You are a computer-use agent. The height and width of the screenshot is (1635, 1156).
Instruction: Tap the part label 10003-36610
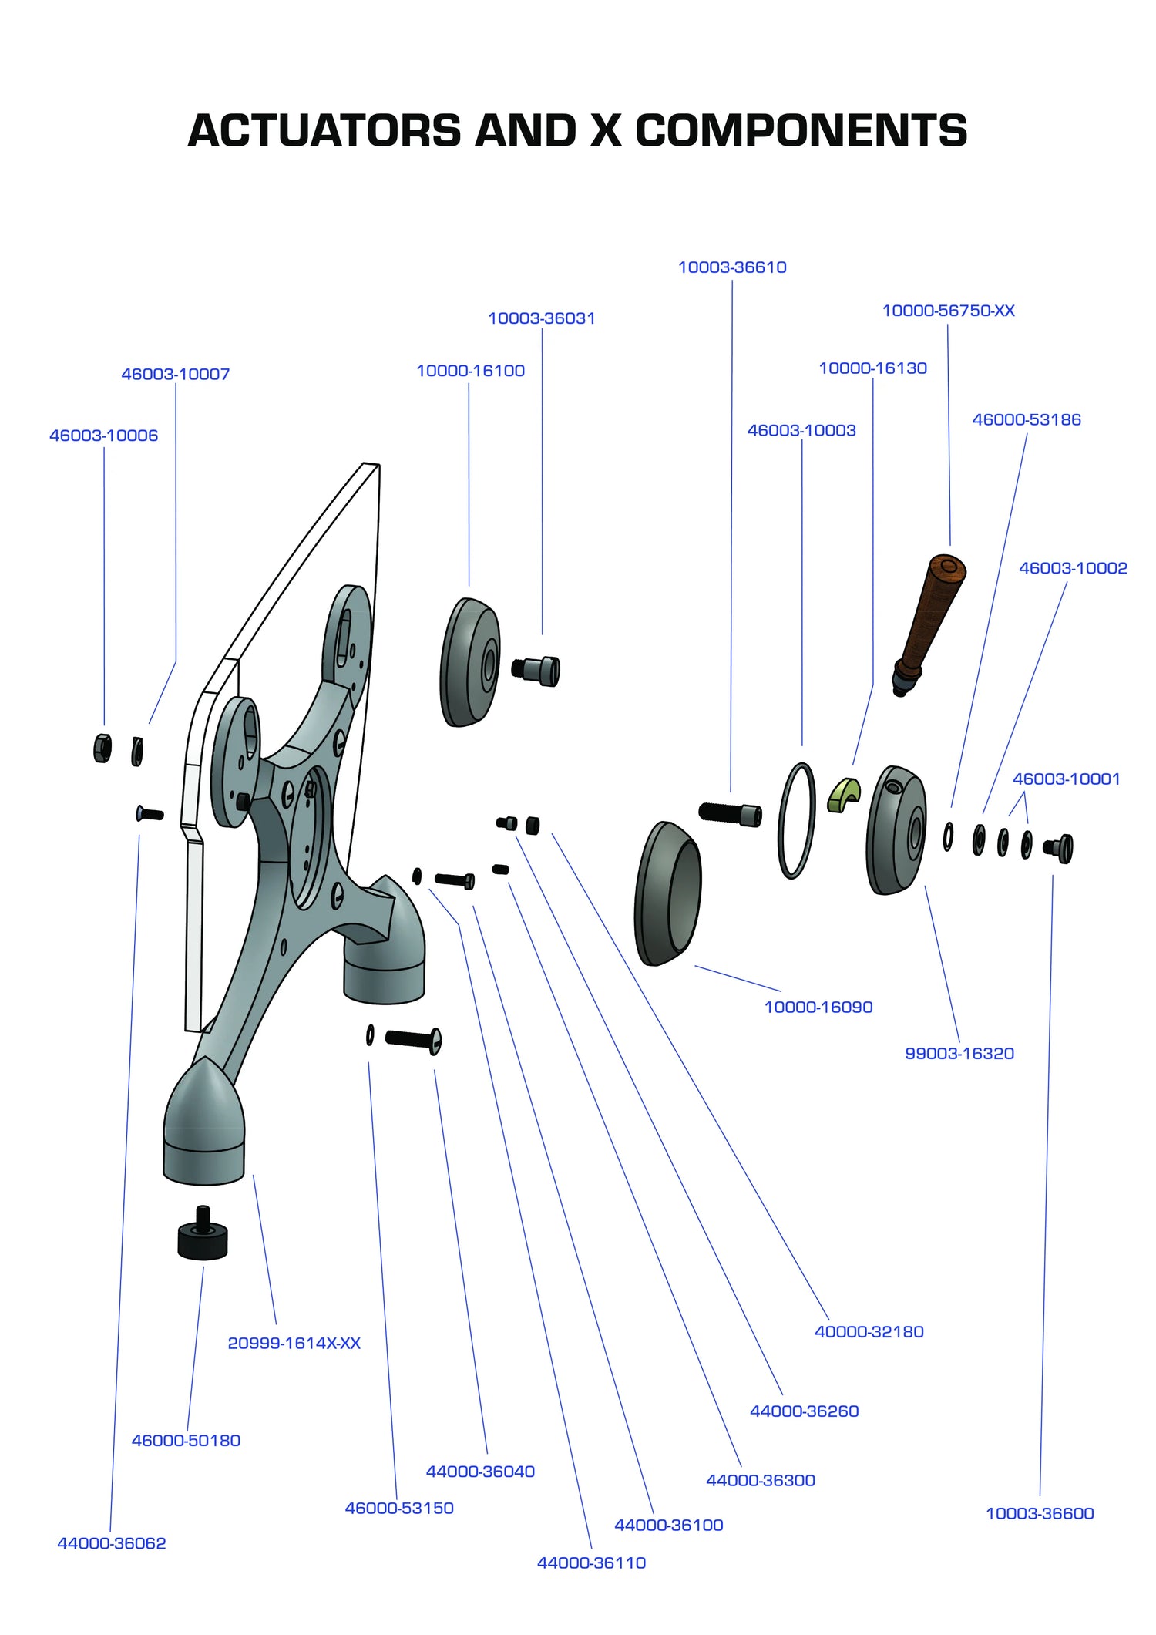pos(731,267)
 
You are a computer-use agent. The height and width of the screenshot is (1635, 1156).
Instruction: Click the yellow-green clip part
pos(844,795)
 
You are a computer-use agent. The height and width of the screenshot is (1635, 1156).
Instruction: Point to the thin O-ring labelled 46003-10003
pos(796,821)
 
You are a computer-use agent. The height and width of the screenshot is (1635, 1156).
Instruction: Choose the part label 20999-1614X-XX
pos(294,1343)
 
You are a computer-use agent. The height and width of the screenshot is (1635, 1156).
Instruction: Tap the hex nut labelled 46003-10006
pos(102,748)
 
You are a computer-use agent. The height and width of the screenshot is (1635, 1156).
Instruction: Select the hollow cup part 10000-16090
pos(668,894)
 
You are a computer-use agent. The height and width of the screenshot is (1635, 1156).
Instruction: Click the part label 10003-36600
pos(1040,1513)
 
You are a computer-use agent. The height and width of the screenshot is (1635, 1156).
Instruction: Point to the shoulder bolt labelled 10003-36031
pos(537,671)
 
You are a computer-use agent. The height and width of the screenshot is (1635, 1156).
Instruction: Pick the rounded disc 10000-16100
pos(469,663)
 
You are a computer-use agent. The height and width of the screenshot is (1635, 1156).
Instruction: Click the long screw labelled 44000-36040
pos(413,1040)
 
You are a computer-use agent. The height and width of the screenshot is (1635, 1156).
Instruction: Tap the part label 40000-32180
pos(869,1331)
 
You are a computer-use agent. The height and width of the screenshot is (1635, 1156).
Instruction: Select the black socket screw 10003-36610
pos(730,813)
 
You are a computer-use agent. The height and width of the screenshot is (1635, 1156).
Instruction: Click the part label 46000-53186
pos(1026,420)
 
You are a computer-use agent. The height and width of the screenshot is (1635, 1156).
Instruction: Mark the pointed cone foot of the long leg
pos(203,1110)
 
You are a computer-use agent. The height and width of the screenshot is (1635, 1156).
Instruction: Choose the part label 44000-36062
pos(112,1542)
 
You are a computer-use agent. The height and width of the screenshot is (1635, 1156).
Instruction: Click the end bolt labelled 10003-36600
pos(1059,848)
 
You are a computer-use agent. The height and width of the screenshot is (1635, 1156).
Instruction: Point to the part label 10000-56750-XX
pos(948,311)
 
